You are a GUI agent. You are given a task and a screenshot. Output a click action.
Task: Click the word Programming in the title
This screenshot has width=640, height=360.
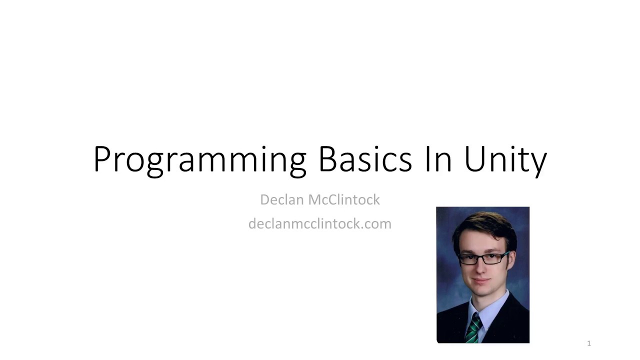pyautogui.click(x=200, y=160)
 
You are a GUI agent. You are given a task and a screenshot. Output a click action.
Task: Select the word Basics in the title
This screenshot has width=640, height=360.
pyautogui.click(x=365, y=159)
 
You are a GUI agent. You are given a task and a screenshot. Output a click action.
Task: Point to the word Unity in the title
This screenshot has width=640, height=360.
pyautogui.click(x=505, y=161)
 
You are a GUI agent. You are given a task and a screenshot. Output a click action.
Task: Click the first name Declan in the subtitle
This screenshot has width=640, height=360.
pyautogui.click(x=282, y=199)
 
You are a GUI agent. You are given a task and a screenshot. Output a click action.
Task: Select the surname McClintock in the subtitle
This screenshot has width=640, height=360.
pyautogui.click(x=344, y=199)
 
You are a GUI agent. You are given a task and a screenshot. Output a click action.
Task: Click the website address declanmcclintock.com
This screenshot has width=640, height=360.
pyautogui.click(x=320, y=223)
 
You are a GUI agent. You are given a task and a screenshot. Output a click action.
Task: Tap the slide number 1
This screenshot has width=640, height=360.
pyautogui.click(x=589, y=343)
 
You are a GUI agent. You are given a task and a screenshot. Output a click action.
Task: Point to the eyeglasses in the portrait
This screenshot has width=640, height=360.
pyautogui.click(x=483, y=258)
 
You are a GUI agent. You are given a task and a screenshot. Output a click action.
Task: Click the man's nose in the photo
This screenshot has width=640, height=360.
pyautogui.click(x=481, y=267)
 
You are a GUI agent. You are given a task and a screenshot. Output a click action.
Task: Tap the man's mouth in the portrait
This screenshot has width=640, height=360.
pyautogui.click(x=481, y=280)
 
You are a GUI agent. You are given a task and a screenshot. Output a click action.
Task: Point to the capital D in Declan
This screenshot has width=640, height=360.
pyautogui.click(x=265, y=199)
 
